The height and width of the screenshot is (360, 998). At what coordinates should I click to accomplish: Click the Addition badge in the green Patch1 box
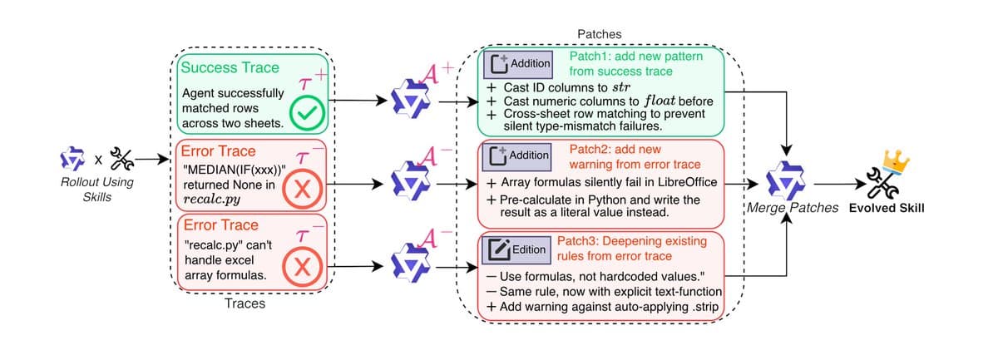tap(520, 62)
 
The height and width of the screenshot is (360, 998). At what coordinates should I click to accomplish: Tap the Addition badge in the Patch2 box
tap(520, 155)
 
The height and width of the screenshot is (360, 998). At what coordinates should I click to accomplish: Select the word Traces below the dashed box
tap(246, 304)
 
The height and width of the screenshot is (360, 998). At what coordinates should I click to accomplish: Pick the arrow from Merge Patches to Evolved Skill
tap(835, 185)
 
